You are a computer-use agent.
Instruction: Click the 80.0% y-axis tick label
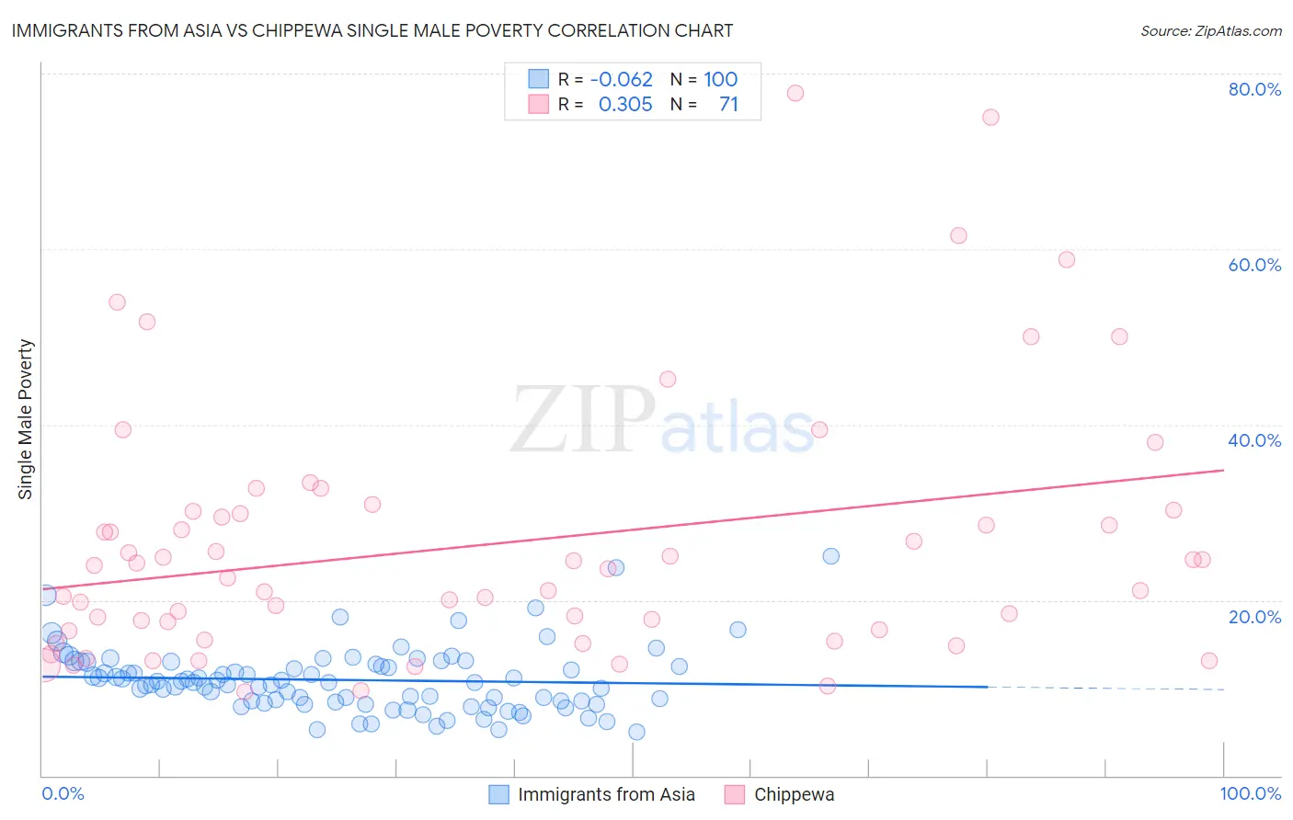[1254, 89]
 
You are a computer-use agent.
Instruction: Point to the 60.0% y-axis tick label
[1254, 265]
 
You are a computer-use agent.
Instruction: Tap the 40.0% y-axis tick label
[1254, 440]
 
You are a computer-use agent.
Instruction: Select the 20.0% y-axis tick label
[1254, 617]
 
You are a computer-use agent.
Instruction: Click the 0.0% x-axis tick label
[63, 793]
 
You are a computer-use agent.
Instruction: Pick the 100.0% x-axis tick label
[1250, 793]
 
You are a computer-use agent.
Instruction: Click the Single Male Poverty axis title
[25, 419]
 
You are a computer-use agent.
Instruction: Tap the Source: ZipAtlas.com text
[1210, 31]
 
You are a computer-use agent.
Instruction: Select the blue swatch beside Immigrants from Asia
[498, 794]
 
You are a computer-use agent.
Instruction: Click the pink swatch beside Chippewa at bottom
[734, 794]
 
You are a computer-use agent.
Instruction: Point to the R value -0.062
[622, 79]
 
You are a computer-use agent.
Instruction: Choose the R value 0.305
[625, 104]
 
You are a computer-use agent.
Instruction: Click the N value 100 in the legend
[721, 79]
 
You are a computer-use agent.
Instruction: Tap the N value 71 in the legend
[728, 104]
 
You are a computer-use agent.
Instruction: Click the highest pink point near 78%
[795, 93]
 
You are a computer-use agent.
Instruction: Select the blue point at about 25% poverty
[830, 556]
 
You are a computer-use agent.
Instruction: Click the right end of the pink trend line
[1223, 470]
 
